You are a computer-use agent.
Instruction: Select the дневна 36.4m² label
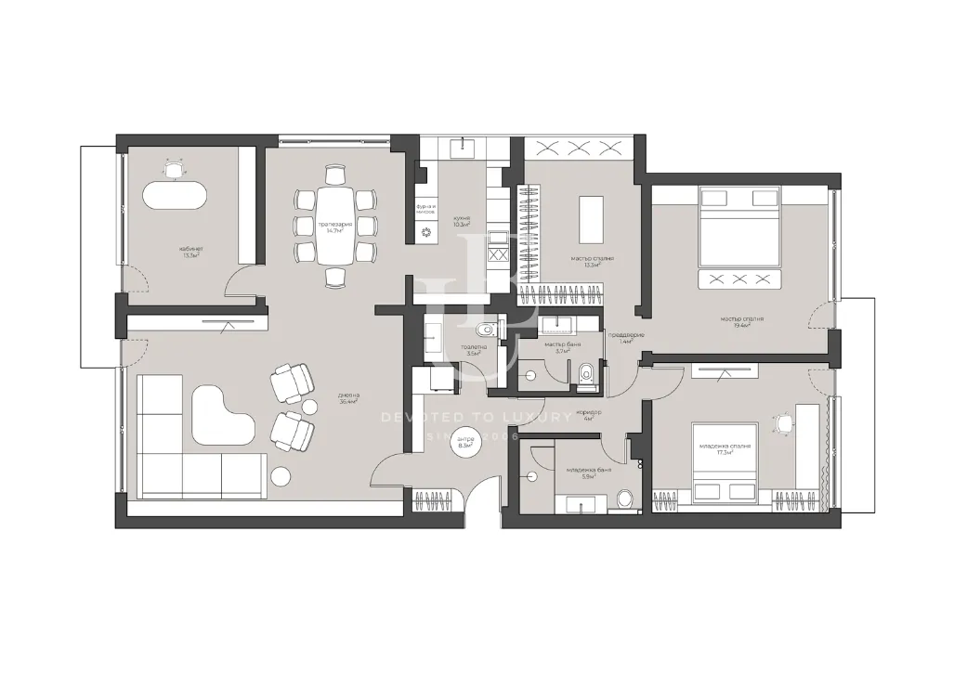pyautogui.click(x=348, y=398)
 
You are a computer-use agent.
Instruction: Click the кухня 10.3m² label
pyautogui.click(x=462, y=221)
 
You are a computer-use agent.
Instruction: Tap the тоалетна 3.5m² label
pyautogui.click(x=472, y=351)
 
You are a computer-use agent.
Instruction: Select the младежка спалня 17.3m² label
pyautogui.click(x=725, y=449)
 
